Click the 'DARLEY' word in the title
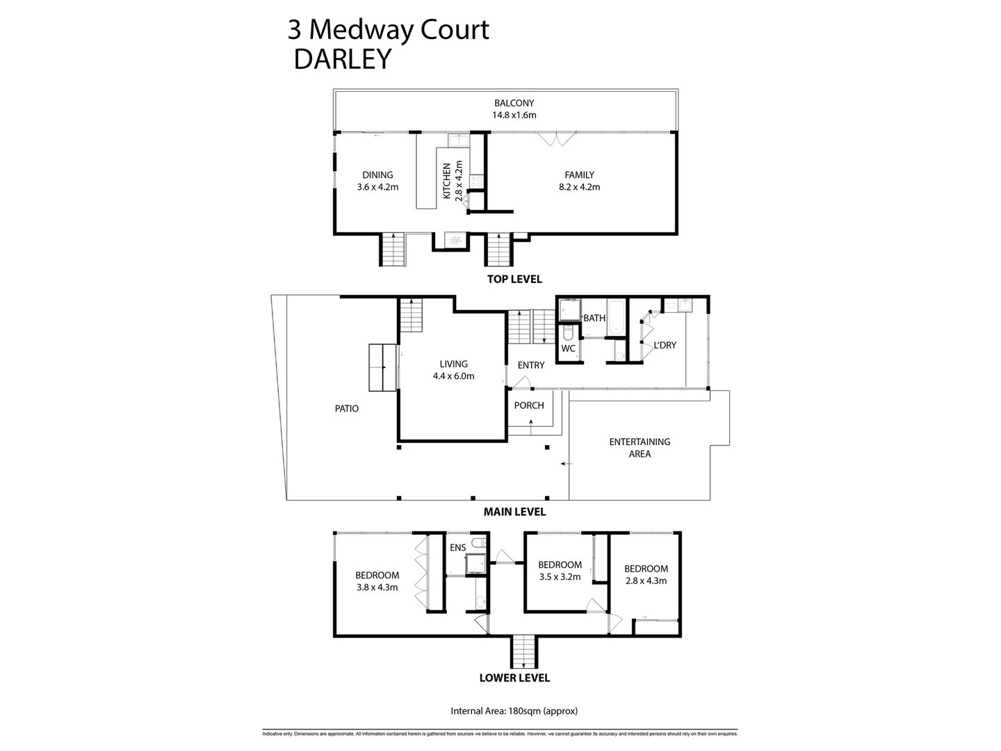tap(343, 60)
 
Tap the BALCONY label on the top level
tap(514, 104)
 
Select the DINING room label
tap(377, 175)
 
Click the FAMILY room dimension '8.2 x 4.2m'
tap(579, 187)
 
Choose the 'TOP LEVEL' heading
tap(514, 279)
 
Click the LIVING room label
tap(453, 364)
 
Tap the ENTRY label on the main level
tap(531, 365)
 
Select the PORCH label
tap(528, 405)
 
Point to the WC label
tap(568, 348)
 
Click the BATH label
tap(594, 318)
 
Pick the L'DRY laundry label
tap(665, 345)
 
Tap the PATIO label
tap(347, 408)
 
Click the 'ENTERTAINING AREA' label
tap(640, 447)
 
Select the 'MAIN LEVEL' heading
tap(514, 512)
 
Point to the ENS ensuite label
tap(457, 548)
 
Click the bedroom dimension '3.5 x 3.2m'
tap(560, 576)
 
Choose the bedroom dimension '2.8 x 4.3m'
tap(646, 581)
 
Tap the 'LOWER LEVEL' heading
tap(514, 678)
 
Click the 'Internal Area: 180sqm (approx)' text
tap(514, 711)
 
